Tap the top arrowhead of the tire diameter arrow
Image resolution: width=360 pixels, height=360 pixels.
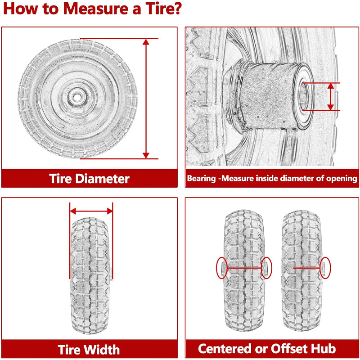(x=146, y=42)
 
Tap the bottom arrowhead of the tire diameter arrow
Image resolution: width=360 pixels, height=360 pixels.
(x=146, y=155)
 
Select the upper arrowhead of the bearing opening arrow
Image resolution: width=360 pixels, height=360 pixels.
(x=331, y=86)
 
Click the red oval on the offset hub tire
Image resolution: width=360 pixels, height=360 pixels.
(x=324, y=268)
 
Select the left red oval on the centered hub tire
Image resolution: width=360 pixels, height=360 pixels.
(x=221, y=268)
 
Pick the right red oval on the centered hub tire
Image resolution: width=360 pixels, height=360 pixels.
(x=266, y=268)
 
